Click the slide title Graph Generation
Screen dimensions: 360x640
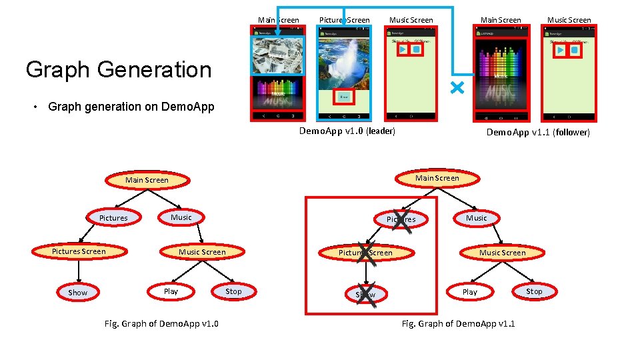point(118,69)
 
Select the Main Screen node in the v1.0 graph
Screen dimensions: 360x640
point(147,180)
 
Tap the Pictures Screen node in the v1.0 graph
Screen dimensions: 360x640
point(79,251)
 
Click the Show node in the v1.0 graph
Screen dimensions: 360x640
point(78,293)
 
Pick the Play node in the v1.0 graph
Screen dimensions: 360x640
point(171,291)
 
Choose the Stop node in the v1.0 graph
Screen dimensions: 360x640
point(233,291)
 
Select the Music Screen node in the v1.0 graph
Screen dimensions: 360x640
point(202,252)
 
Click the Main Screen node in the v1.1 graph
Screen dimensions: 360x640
point(437,178)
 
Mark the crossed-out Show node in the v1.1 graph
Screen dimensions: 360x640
point(365,294)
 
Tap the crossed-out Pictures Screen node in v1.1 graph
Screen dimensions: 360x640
point(365,253)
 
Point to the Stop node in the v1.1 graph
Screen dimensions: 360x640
point(534,291)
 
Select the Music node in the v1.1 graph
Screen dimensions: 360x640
point(476,218)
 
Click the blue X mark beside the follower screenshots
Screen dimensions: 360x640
point(457,88)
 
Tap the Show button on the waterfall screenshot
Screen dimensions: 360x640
point(343,97)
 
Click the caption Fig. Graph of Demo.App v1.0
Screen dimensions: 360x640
point(162,324)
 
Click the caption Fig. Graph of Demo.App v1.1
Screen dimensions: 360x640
point(458,324)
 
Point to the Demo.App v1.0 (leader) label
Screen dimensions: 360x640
point(347,131)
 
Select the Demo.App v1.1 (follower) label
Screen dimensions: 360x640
point(537,132)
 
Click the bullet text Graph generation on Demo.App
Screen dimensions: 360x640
point(131,107)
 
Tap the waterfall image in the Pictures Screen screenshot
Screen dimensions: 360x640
point(343,63)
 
